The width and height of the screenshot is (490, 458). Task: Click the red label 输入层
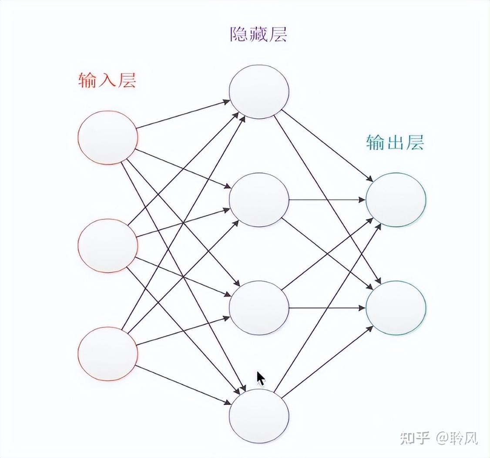[x=107, y=81]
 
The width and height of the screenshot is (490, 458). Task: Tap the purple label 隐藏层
[x=258, y=34]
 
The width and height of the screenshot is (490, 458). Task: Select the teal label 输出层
[x=395, y=142]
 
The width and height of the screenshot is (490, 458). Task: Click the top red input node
[x=108, y=138]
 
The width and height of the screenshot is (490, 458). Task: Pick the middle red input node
[x=108, y=246]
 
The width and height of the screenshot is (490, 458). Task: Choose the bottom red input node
[x=108, y=354]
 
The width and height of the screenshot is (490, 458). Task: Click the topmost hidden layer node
[x=259, y=92]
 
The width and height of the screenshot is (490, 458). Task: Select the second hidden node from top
[x=259, y=200]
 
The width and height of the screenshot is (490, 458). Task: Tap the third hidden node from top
[x=259, y=308]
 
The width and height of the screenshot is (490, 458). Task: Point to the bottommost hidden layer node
[x=259, y=416]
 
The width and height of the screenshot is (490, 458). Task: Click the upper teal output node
[x=396, y=200]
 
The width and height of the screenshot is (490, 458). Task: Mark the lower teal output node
[x=396, y=308]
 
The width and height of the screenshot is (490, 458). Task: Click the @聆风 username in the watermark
[x=457, y=438]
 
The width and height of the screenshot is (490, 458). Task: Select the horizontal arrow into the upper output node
[x=326, y=200]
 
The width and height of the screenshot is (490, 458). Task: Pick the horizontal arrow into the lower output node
[x=326, y=308]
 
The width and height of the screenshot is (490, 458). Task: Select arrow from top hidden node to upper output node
[x=326, y=145]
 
